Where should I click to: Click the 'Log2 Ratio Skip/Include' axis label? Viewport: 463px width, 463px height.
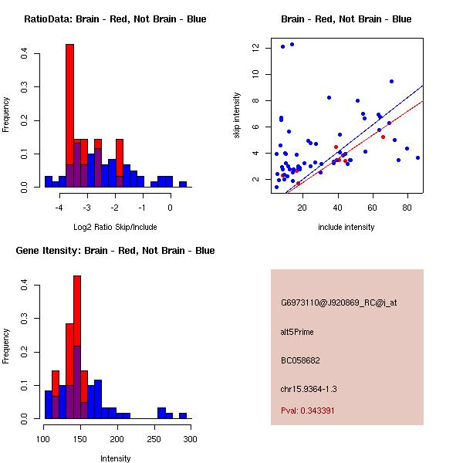pos(115,227)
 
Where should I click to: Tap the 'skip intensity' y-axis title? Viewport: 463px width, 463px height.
pos(238,116)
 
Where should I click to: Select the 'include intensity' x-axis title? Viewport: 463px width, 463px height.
pos(346,227)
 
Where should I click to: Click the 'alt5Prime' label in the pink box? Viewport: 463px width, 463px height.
pos(297,333)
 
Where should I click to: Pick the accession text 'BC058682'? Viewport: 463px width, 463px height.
pos(300,360)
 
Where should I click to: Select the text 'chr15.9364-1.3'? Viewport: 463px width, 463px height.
pos(309,388)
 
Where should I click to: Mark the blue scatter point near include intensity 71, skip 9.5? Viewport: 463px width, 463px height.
pos(392,81)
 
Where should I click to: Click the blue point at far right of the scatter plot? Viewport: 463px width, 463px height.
pos(417,157)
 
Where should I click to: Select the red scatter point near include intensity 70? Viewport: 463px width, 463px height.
pos(389,123)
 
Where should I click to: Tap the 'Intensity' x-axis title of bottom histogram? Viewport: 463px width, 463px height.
pos(115,458)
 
